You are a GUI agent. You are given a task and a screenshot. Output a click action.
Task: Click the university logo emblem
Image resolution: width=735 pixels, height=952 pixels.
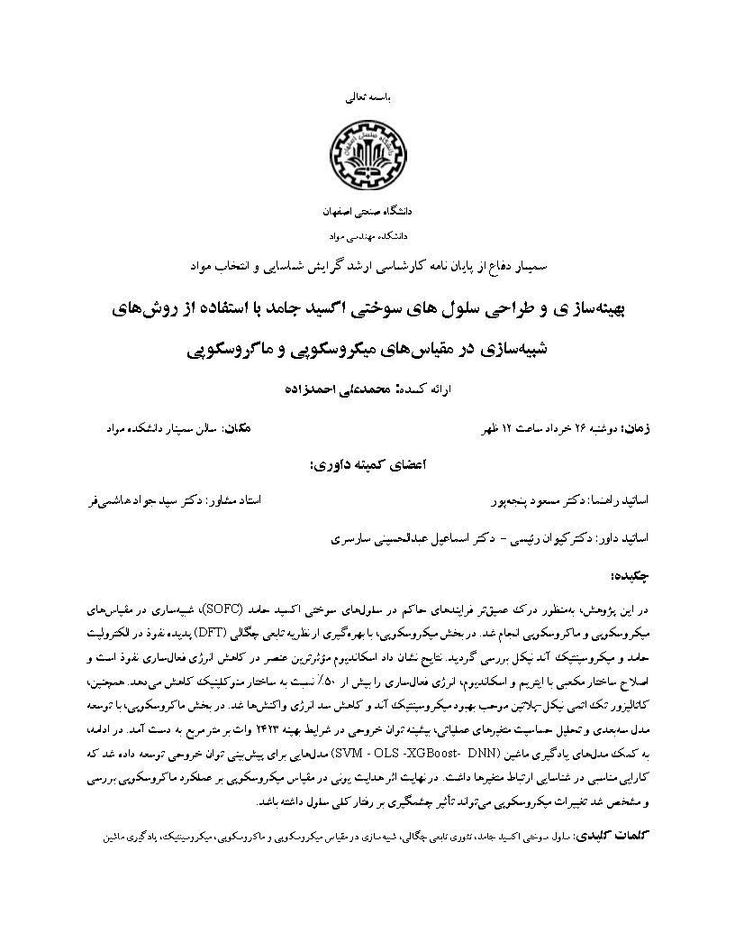point(367,154)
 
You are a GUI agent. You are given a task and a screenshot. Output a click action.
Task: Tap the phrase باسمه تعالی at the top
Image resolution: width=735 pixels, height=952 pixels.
point(368,94)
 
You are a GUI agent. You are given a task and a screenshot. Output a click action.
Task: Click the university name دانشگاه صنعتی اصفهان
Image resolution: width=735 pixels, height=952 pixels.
point(367,213)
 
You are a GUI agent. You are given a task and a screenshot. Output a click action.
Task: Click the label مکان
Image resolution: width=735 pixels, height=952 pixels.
point(235,426)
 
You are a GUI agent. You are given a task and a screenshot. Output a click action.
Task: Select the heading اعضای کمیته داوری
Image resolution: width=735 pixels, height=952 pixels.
point(367,465)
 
